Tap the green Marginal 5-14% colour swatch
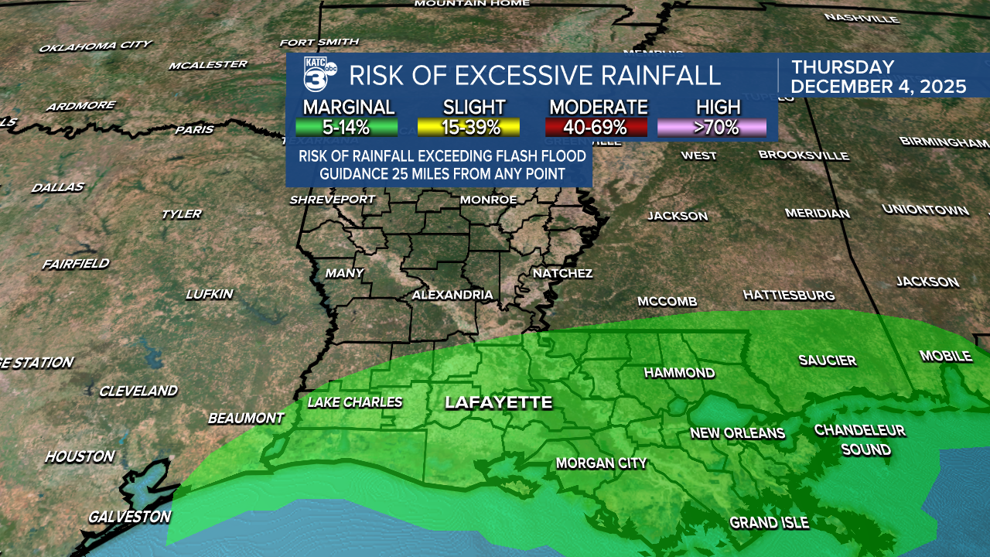tap(346, 127)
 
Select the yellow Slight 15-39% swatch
tap(474, 127)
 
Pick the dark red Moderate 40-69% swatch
tap(596, 127)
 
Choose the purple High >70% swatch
tap(712, 127)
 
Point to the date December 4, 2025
tap(879, 87)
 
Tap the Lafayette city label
tap(498, 402)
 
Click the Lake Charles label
tap(355, 402)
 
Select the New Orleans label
tap(737, 433)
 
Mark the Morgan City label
tap(601, 463)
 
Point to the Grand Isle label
tap(769, 523)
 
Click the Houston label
tap(80, 456)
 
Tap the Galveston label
tap(128, 516)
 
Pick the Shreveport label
tap(333, 200)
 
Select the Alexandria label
tap(452, 295)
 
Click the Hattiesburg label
tap(788, 295)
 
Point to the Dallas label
tap(57, 187)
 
